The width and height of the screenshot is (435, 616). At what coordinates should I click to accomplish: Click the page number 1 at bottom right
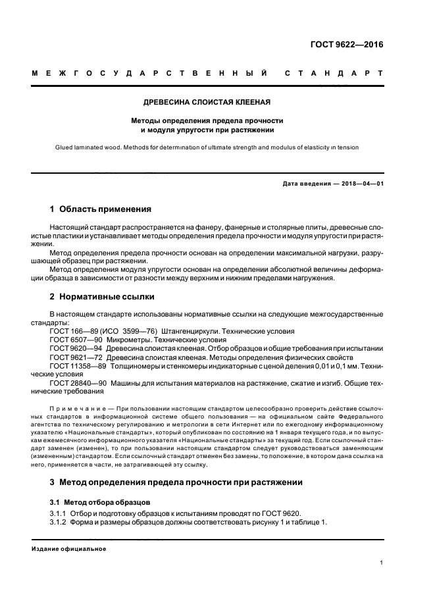click(x=382, y=563)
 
